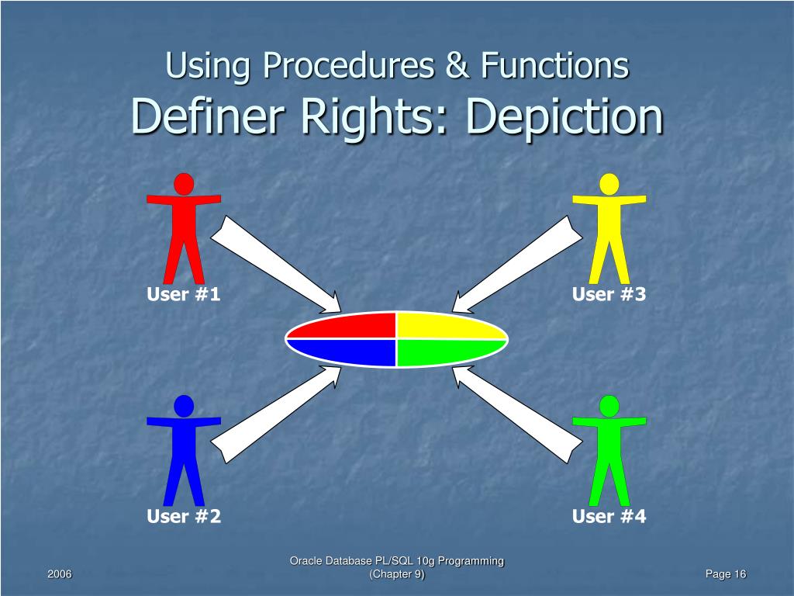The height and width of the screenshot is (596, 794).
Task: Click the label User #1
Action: coord(184,294)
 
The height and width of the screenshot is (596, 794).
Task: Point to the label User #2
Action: coord(184,516)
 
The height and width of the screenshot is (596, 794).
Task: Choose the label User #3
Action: coord(609,294)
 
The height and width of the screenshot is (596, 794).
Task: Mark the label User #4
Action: coord(609,516)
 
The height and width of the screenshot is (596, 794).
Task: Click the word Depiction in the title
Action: coord(565,116)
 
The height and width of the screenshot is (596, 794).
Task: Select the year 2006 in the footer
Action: coord(60,573)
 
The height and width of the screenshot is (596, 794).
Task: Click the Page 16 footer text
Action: coord(725,573)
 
